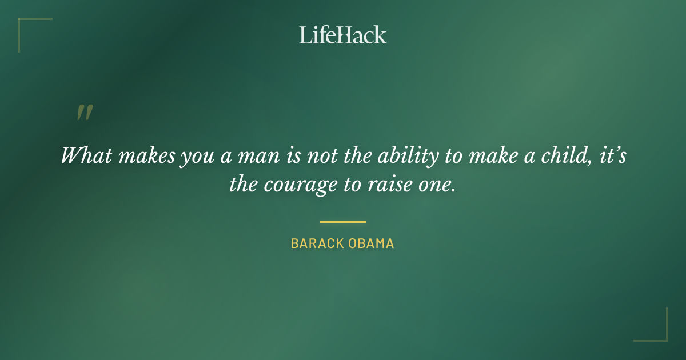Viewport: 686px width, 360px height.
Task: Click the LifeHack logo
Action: click(x=343, y=35)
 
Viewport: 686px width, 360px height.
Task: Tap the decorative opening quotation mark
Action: click(x=84, y=113)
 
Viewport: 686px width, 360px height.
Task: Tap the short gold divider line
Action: click(x=343, y=222)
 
